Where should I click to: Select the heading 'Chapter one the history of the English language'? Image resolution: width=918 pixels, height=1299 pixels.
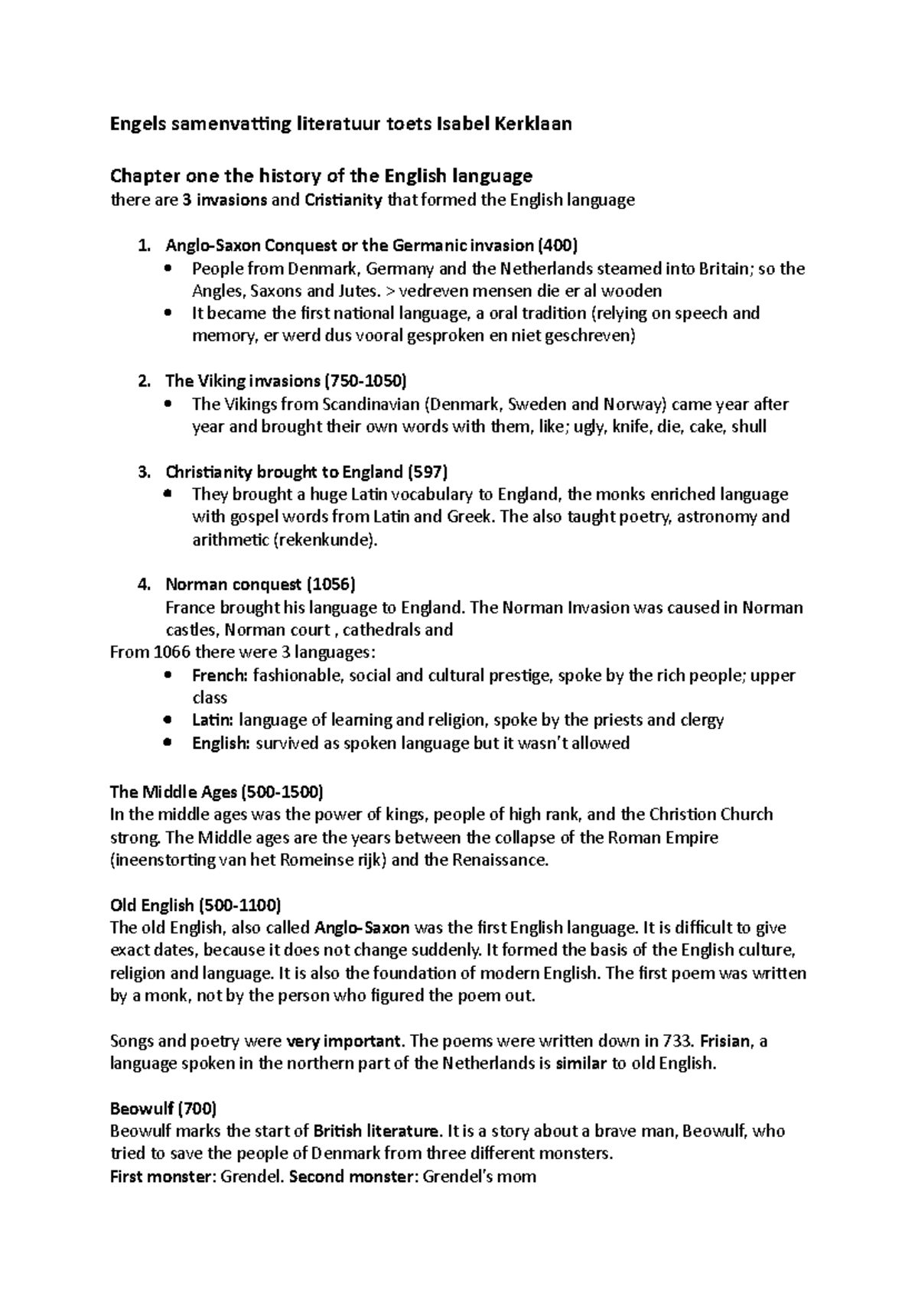pos(321,177)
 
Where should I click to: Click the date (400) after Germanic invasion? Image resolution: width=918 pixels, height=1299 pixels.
pos(558,246)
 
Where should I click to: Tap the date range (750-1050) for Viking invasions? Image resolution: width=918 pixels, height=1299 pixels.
pos(366,381)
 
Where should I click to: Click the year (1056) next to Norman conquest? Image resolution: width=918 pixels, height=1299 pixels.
pos(331,585)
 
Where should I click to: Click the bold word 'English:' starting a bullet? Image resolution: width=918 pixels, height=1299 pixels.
pos(221,744)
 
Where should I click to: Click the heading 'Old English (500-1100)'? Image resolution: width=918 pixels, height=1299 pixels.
pos(196,906)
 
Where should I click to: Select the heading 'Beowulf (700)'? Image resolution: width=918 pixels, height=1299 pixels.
pos(163,1109)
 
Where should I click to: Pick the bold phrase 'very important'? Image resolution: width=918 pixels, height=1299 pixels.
pos(343,1041)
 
